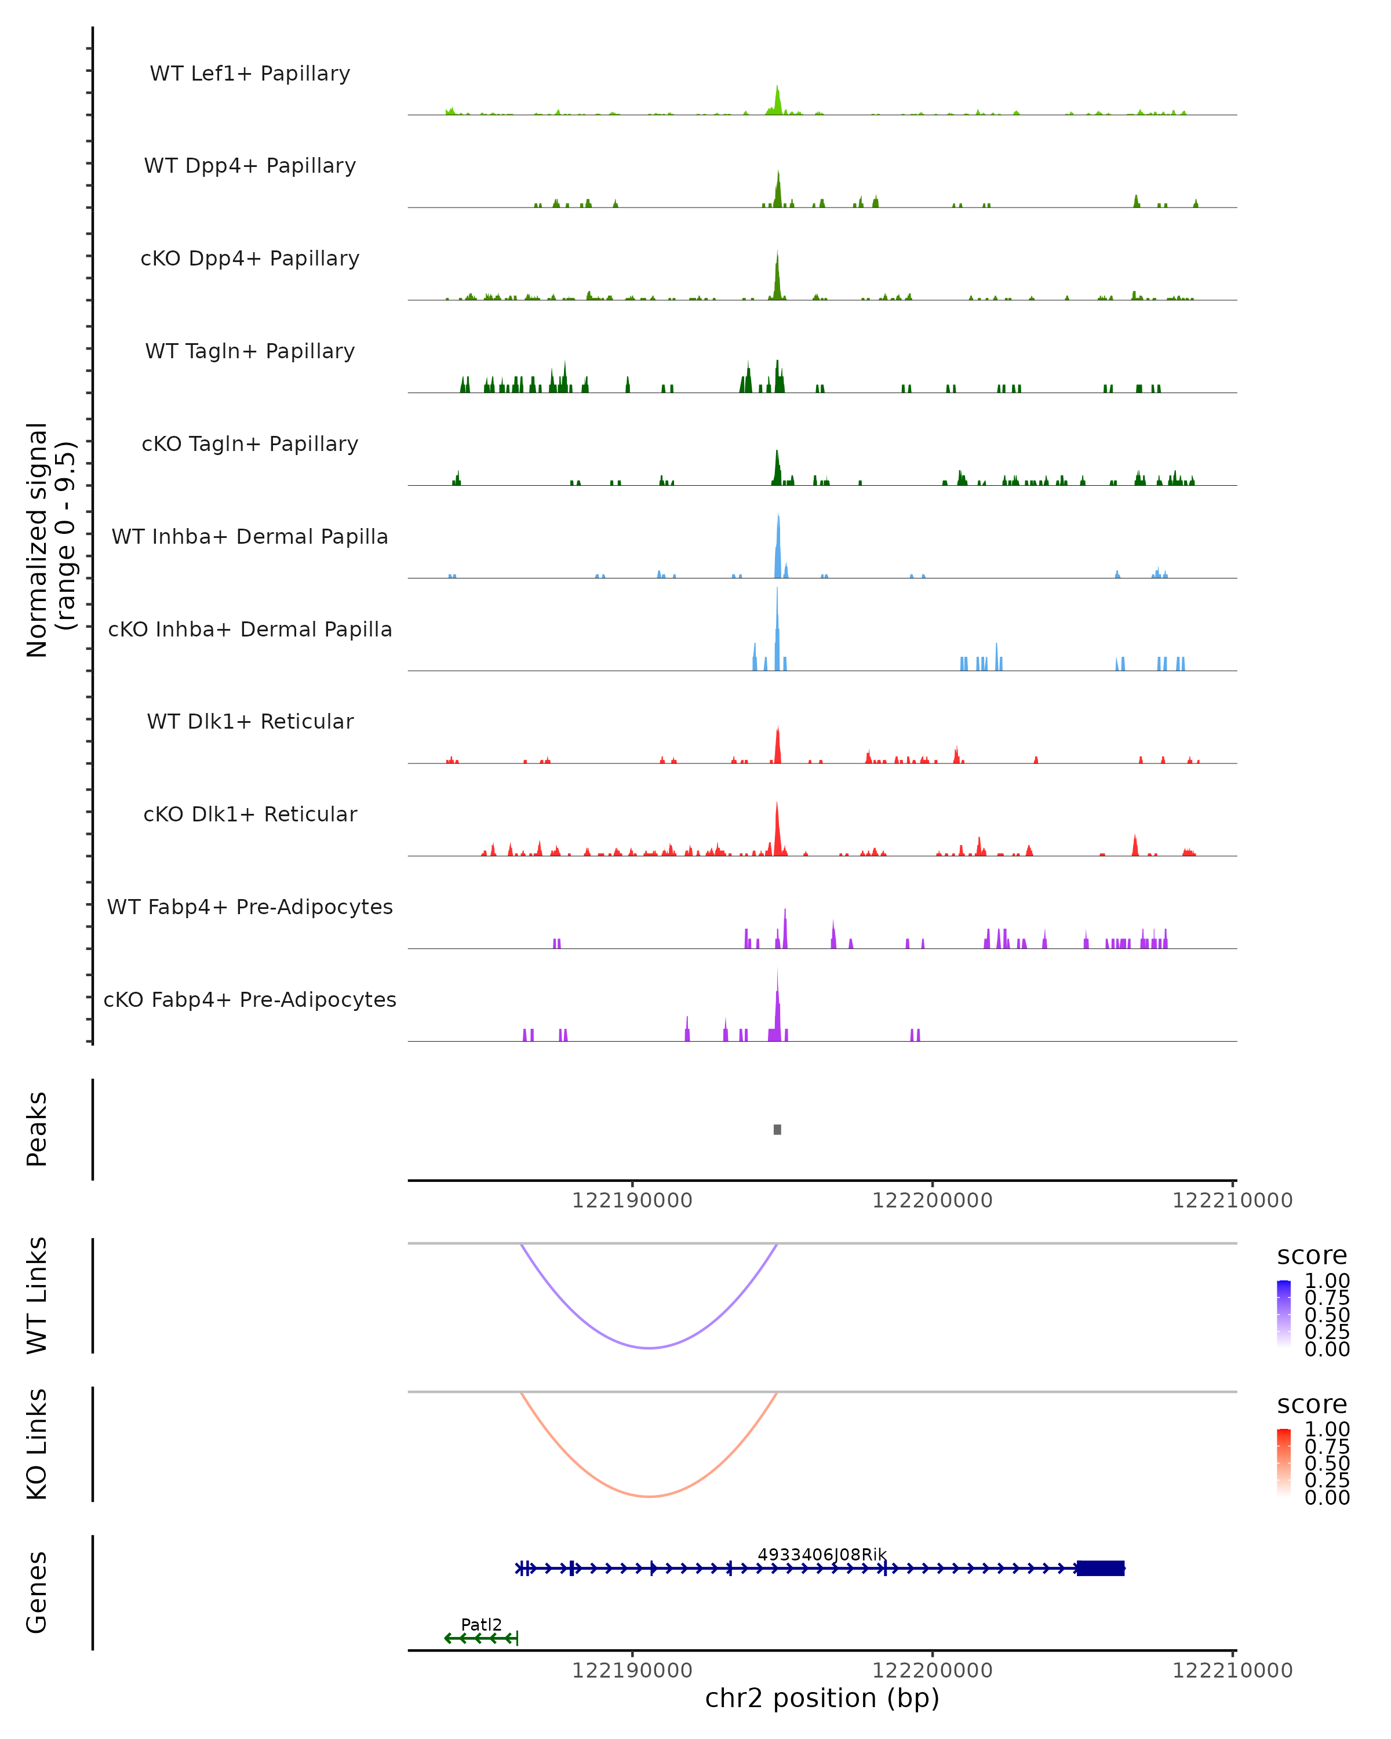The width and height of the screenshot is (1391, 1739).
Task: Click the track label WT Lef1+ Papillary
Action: point(250,74)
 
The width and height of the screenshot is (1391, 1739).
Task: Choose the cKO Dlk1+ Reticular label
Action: point(250,814)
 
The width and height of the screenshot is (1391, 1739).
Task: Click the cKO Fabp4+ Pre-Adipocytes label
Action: point(250,999)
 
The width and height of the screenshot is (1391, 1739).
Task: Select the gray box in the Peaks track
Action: point(777,1129)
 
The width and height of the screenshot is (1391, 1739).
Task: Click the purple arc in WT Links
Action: point(649,1347)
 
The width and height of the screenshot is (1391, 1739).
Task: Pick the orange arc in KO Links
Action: point(649,1496)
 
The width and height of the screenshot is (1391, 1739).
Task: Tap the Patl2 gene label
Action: point(482,1624)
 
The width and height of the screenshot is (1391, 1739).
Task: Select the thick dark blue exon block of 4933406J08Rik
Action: point(1101,1568)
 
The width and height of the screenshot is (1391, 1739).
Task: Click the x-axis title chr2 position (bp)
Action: point(822,1698)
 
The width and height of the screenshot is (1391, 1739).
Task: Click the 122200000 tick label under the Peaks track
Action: point(932,1200)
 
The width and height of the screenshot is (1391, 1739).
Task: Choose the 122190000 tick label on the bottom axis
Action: point(632,1671)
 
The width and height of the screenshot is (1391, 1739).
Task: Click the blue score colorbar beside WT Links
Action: point(1284,1312)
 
